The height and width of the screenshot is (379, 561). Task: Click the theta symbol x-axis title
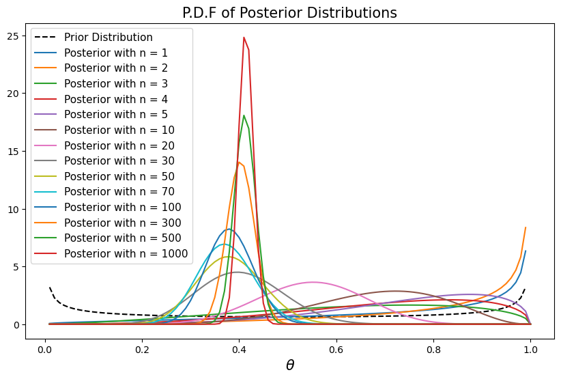pos(289,365)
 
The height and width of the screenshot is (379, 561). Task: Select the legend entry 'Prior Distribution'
pos(108,37)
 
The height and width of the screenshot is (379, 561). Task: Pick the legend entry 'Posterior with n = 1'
pos(116,53)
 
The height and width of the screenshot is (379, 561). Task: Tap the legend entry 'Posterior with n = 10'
pos(119,130)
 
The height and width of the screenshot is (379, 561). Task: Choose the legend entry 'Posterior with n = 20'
pos(119,145)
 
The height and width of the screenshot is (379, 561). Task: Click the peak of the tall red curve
pos(244,38)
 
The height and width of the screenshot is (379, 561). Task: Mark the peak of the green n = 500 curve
pos(244,115)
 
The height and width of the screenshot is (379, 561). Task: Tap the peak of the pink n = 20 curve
pos(313,282)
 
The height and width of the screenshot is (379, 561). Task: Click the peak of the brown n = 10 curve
pos(394,291)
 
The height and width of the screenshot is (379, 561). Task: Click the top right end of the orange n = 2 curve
pos(526,227)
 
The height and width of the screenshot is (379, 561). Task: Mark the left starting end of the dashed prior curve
pos(50,287)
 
